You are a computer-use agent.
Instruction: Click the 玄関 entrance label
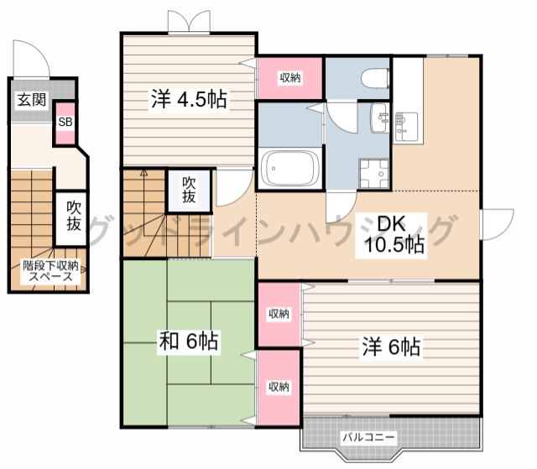click(32, 100)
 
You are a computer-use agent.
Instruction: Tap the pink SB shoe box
click(65, 122)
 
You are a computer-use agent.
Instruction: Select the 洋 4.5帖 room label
click(189, 99)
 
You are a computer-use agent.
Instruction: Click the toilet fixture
click(375, 78)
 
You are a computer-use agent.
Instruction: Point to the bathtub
click(289, 169)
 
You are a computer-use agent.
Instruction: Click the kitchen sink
click(406, 127)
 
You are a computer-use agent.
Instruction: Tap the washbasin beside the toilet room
click(379, 117)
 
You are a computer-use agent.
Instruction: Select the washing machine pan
click(373, 173)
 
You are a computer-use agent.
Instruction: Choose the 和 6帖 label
click(189, 341)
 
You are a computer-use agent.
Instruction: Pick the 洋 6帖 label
click(391, 347)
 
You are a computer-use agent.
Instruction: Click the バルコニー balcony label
click(368, 437)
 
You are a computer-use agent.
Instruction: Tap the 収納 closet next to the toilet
click(290, 78)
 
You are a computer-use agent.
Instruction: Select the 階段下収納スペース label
click(50, 271)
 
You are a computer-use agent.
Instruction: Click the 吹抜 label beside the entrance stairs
click(74, 216)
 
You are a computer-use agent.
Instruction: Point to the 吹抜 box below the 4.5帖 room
click(189, 190)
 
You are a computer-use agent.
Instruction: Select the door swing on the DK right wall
click(497, 224)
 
